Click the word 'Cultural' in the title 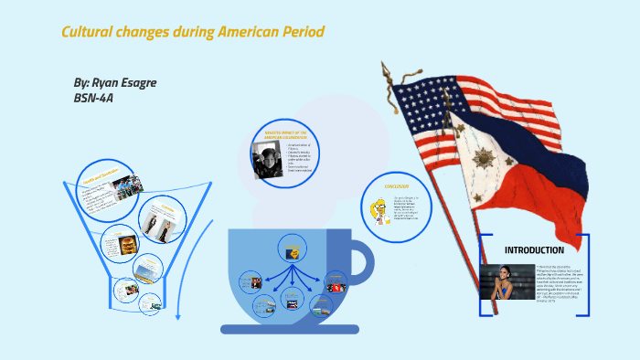click(x=88, y=32)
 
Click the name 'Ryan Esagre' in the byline click(x=123, y=82)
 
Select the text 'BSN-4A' click(x=93, y=97)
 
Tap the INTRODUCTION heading click(x=534, y=249)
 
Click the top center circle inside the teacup click(x=293, y=246)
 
